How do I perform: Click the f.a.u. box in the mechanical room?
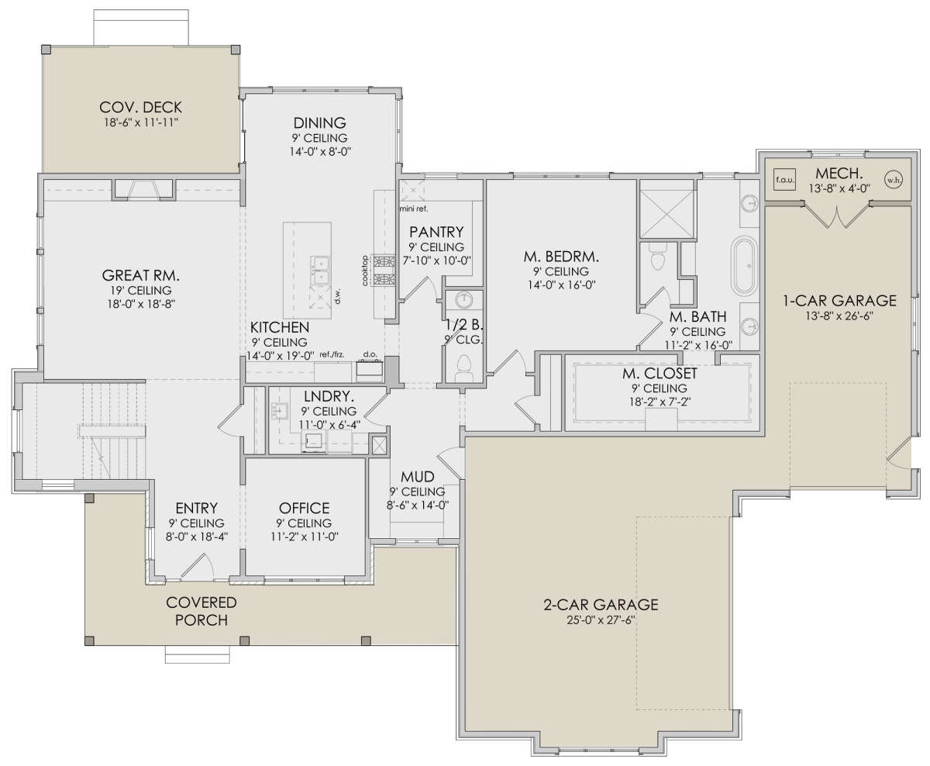785,180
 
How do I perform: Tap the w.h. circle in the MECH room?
894,180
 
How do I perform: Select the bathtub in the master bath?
744,266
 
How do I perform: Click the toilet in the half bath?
463,367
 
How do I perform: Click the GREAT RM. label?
141,275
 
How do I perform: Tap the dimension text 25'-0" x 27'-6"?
601,619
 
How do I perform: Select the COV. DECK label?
141,107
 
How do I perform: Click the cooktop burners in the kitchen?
384,270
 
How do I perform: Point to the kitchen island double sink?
320,270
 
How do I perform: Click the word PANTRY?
436,232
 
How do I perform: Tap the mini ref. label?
414,209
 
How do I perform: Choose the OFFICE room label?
305,509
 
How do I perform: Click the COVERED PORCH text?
201,611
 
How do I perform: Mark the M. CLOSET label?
660,374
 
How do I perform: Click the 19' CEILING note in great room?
141,290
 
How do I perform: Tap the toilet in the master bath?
657,258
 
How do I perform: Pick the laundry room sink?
279,411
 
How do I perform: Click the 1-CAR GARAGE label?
839,301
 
